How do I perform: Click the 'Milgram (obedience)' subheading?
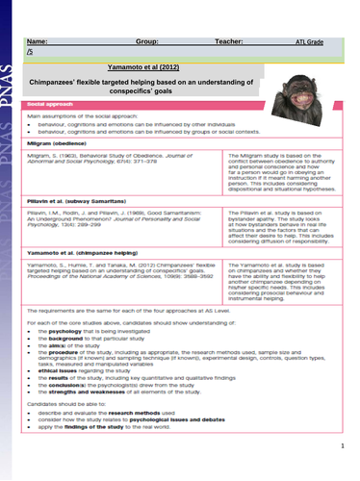tap(60, 137)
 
